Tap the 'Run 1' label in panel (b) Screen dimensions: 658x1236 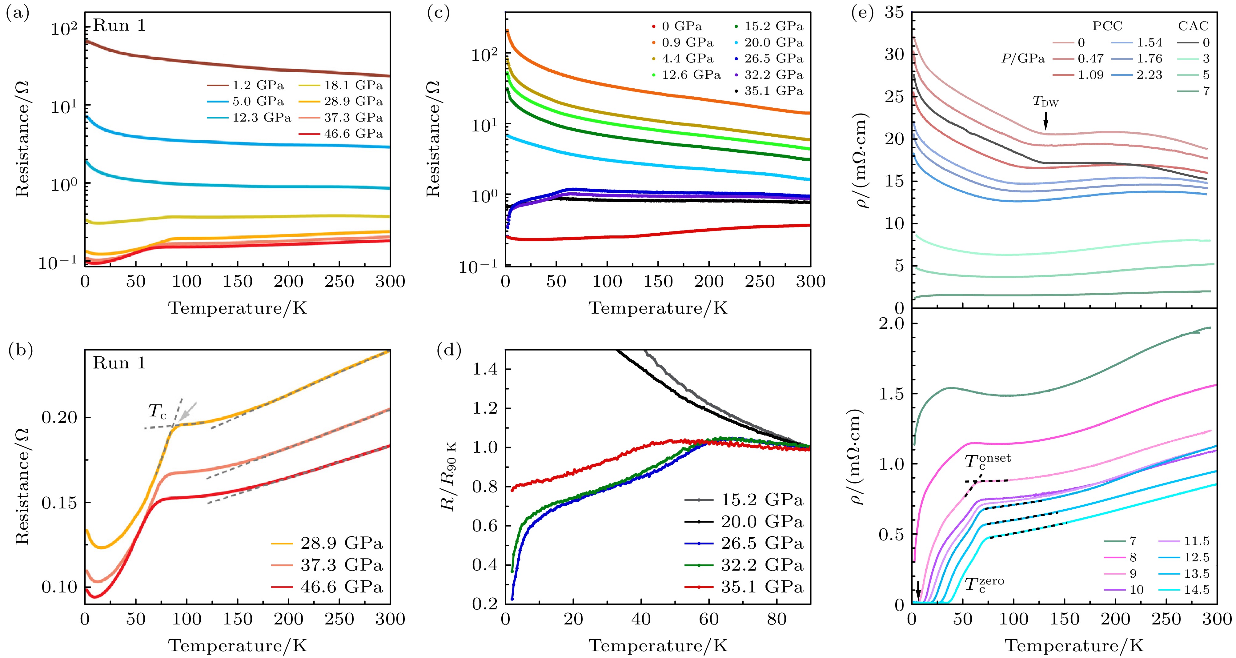coord(119,363)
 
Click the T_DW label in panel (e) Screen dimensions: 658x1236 coord(1045,102)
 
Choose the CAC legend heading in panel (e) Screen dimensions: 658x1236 coord(1193,26)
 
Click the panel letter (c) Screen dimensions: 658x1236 coord(438,13)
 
